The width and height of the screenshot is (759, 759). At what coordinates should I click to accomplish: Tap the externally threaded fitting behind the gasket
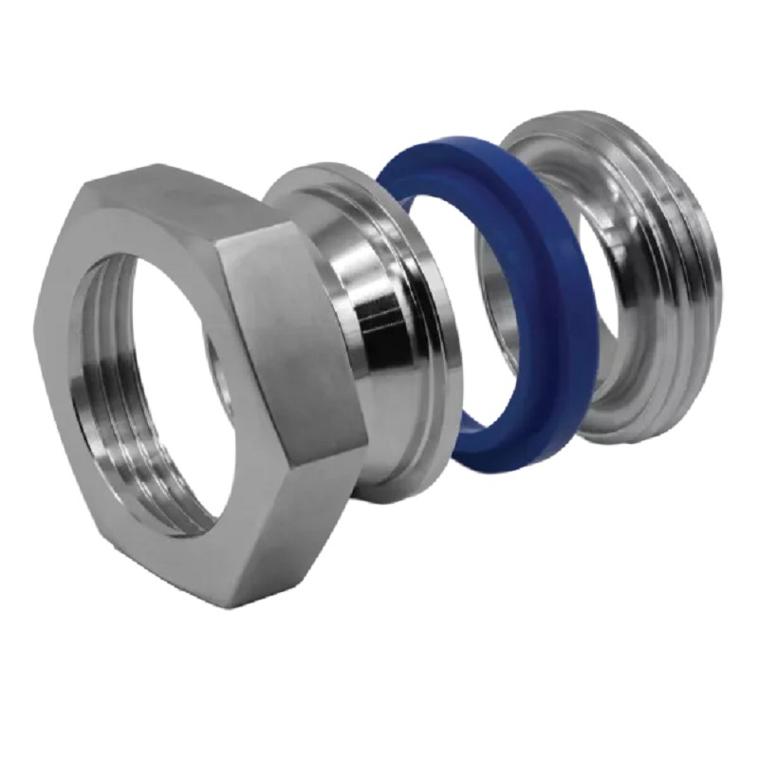tap(655, 285)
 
